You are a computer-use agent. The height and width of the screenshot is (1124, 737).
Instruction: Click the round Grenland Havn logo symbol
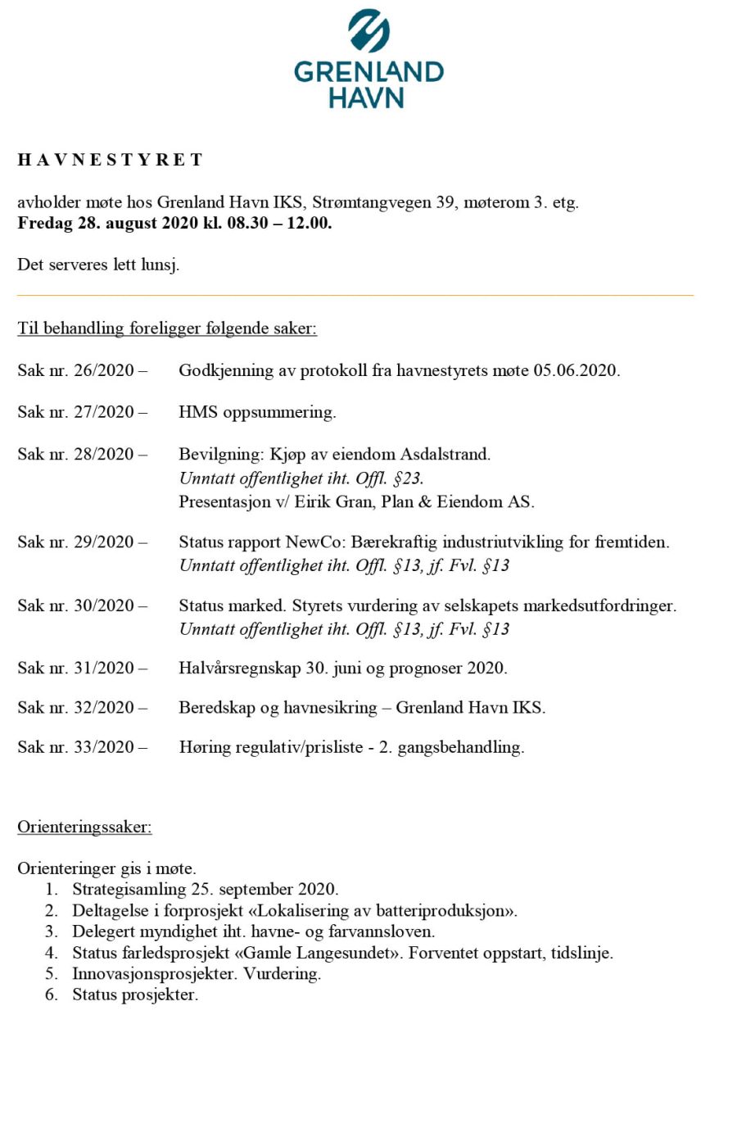tap(368, 31)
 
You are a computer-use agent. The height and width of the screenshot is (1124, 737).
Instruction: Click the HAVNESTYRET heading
tap(111, 160)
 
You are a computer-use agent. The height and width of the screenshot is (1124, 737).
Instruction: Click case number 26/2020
tap(104, 370)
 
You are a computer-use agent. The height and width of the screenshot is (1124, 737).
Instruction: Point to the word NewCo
tap(316, 542)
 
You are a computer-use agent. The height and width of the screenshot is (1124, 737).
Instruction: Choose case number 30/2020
tap(104, 606)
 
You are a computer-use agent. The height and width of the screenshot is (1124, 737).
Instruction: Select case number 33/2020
tap(104, 747)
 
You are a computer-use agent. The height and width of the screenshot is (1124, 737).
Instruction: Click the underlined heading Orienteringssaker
tap(84, 827)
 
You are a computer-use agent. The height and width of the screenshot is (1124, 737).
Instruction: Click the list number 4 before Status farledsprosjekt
tap(52, 953)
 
